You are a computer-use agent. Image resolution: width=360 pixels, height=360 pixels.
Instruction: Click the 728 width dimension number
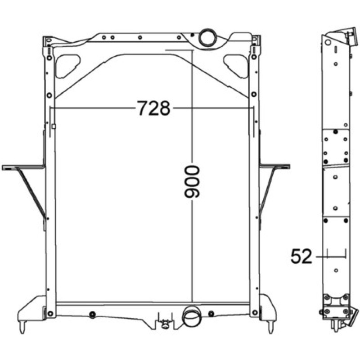pyautogui.click(x=154, y=108)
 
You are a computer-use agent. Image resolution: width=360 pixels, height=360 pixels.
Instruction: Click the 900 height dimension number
pyautogui.click(x=192, y=182)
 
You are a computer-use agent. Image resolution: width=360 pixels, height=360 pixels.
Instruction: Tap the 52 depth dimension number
pyautogui.click(x=301, y=256)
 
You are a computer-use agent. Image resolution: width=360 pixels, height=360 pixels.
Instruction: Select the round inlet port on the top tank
pyautogui.click(x=208, y=37)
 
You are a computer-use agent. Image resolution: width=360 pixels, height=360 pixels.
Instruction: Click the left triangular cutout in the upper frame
pyautogui.click(x=67, y=66)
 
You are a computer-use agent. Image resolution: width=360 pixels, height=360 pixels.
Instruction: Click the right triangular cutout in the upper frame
pyautogui.click(x=236, y=66)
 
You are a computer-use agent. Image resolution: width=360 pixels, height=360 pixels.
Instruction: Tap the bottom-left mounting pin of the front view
pyautogui.click(x=22, y=327)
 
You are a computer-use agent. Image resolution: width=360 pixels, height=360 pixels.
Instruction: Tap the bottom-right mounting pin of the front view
pyautogui.click(x=271, y=327)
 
